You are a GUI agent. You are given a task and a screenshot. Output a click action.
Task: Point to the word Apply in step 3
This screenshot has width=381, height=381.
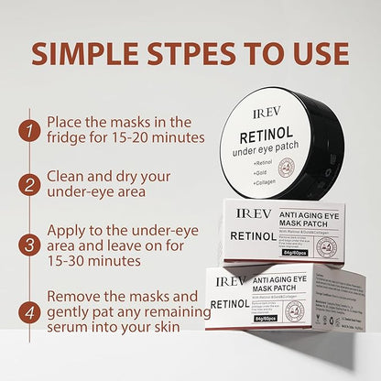[71, 226]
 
